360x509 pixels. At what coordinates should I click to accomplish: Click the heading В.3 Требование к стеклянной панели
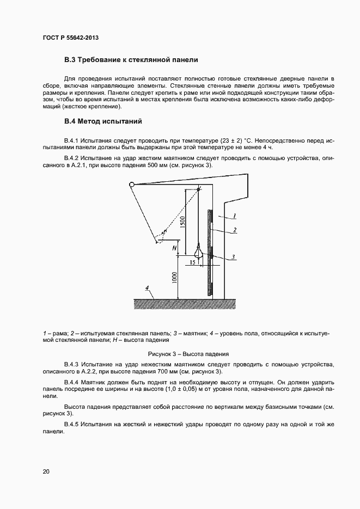(131, 59)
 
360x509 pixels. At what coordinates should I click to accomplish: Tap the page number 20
(46, 471)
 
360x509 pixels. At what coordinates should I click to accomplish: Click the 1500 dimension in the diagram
(183, 222)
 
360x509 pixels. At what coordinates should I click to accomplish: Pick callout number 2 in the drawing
(235, 230)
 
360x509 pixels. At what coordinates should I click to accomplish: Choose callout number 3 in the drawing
(233, 256)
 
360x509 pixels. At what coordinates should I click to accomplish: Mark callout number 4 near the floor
(147, 287)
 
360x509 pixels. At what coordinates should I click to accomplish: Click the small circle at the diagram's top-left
(131, 185)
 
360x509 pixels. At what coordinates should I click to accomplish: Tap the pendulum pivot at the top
(199, 188)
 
